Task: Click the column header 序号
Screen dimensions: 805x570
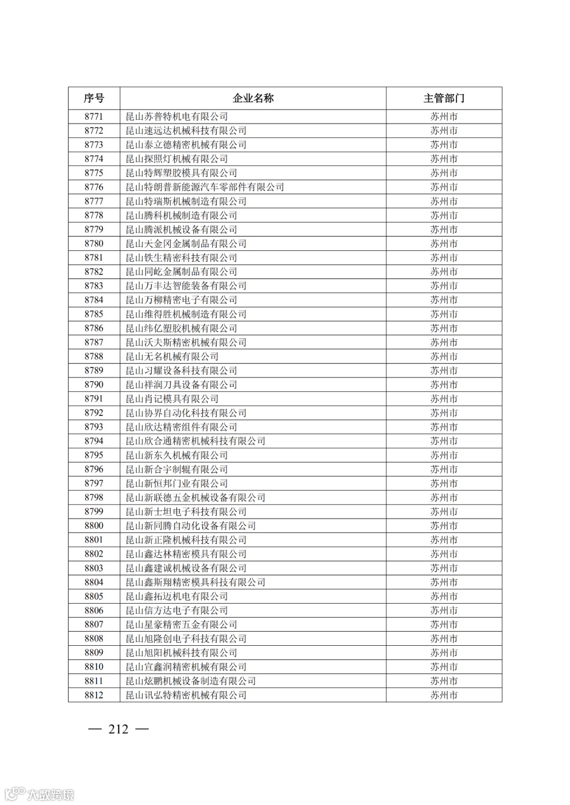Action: click(94, 98)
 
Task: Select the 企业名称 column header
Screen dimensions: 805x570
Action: click(253, 98)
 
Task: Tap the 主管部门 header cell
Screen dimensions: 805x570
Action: click(443, 98)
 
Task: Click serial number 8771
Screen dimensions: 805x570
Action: click(94, 117)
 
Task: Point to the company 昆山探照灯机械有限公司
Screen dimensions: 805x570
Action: click(176, 159)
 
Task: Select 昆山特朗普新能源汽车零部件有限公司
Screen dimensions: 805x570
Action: click(205, 187)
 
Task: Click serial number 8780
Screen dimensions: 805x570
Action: click(94, 244)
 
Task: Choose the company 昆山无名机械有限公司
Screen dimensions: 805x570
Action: click(172, 356)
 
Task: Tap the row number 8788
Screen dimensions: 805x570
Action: click(94, 356)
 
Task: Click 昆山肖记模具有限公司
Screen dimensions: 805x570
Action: click(172, 399)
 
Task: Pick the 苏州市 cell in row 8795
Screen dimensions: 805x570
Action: click(443, 455)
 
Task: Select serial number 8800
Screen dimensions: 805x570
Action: click(94, 526)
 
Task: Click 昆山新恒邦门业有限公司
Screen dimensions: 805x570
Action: click(176, 483)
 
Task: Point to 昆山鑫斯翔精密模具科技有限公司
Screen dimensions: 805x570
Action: click(195, 582)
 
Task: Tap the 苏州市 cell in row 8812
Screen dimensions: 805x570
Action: click(443, 695)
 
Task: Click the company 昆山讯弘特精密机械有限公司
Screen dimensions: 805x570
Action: click(186, 695)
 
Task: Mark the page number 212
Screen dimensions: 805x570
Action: click(118, 729)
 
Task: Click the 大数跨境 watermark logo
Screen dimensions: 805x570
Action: click(40, 794)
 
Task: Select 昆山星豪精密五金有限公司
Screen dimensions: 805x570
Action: click(181, 624)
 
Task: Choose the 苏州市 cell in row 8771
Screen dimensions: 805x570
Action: click(443, 117)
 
